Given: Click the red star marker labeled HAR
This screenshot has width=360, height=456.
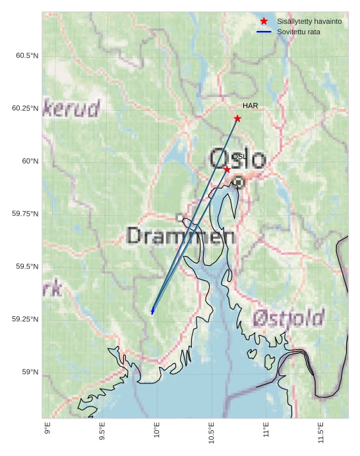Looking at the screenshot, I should tap(237, 119).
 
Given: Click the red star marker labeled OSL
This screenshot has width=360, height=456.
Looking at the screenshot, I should tap(227, 170).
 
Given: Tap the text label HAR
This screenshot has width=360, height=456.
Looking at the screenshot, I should tap(250, 106).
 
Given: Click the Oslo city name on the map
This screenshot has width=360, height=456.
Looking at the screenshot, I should tap(237, 159).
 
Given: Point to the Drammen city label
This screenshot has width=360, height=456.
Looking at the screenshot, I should tap(181, 236).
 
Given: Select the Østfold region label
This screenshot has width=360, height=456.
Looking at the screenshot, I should tap(288, 319).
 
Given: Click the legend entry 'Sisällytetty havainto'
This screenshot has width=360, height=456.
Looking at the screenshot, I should tap(309, 22).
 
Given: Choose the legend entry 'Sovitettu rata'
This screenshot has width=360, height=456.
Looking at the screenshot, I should tap(299, 32).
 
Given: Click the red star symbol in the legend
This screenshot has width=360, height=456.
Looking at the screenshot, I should tap(264, 22).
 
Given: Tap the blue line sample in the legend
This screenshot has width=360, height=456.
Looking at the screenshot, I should tap(264, 32).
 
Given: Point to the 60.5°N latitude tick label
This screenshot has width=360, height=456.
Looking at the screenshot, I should tap(27, 55).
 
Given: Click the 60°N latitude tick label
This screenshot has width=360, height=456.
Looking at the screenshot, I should tap(30, 161).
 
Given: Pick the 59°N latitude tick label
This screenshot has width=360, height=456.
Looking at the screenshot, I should tap(30, 372).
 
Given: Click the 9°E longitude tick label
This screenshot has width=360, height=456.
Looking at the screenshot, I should tap(47, 429).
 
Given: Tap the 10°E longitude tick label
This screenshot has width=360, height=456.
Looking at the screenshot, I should tap(156, 430).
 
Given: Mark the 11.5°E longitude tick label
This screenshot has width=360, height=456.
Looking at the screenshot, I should tap(320, 432).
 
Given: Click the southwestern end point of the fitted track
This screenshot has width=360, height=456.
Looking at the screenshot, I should tap(152, 311).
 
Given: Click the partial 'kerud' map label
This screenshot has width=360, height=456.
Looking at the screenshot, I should tap(72, 108).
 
